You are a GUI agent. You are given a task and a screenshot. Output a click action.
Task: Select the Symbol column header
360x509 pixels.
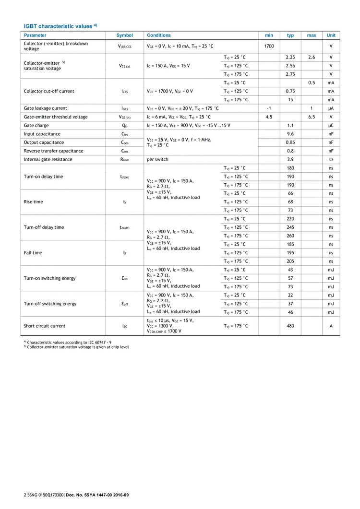point(124,36)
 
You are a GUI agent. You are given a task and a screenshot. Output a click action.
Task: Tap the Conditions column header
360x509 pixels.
point(158,36)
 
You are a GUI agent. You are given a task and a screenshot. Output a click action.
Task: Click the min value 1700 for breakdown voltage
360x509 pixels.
point(269,46)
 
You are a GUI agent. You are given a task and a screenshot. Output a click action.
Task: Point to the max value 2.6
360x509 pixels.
point(312,57)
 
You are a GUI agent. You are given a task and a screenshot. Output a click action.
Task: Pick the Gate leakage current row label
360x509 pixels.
point(46,108)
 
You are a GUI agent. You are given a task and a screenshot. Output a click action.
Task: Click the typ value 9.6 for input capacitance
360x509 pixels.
point(290,134)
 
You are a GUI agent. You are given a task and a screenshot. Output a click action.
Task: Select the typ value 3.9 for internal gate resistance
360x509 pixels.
point(290,159)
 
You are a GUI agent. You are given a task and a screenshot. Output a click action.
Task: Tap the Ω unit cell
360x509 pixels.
point(331,159)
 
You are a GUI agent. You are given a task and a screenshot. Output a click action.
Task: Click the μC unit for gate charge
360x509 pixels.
point(331,125)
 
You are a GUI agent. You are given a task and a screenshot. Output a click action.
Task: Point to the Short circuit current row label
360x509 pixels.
point(45,326)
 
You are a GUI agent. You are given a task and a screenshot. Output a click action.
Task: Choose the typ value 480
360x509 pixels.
point(290,326)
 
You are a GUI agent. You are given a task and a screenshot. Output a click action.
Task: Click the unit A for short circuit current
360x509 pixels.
point(331,326)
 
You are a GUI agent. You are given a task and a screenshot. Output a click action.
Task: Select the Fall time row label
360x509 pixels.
point(33,253)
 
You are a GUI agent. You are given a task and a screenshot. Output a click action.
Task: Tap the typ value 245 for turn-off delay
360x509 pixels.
point(290,227)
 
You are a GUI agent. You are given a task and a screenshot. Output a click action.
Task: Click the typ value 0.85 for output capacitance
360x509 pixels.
point(290,142)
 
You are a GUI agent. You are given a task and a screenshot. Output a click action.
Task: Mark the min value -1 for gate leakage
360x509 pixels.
point(269,108)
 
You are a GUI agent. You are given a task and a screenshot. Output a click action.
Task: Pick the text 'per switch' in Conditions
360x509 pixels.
point(157,159)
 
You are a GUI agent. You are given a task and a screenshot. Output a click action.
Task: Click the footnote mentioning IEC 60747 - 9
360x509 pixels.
point(69,343)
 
